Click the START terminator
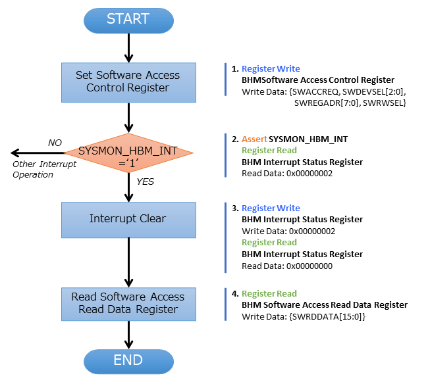[128, 20]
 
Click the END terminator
[128, 360]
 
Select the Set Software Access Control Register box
[128, 82]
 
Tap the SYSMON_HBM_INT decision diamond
[128, 156]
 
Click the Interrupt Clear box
[128, 219]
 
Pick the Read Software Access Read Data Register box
[128, 303]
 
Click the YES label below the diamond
[145, 182]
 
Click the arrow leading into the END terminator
[128, 334]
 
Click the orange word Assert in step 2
[254, 139]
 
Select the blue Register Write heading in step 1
[271, 68]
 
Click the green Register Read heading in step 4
[269, 294]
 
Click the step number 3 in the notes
[234, 208]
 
